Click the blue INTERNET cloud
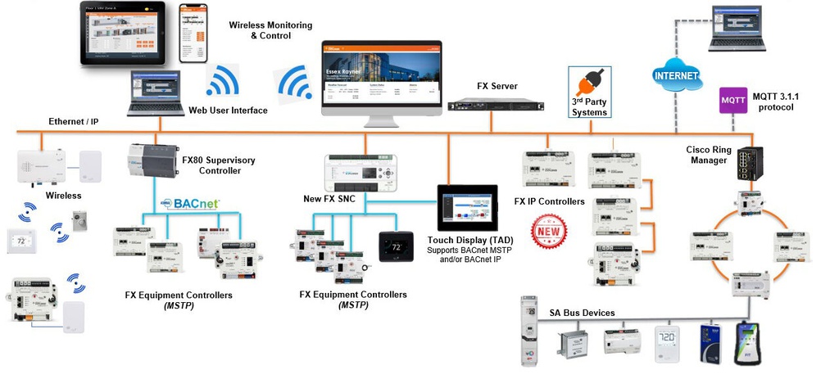pyautogui.click(x=677, y=76)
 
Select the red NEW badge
pyautogui.click(x=550, y=230)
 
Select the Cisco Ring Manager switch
pyautogui.click(x=748, y=164)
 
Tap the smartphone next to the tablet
pyautogui.click(x=193, y=34)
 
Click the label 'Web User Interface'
pyautogui.click(x=228, y=111)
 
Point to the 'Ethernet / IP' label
pyautogui.click(x=74, y=122)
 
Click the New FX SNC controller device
pyautogui.click(x=361, y=171)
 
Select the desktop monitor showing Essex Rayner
pyautogui.click(x=381, y=81)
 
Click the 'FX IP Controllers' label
pyautogui.click(x=549, y=201)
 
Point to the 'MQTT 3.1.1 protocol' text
pyautogui.click(x=776, y=101)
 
